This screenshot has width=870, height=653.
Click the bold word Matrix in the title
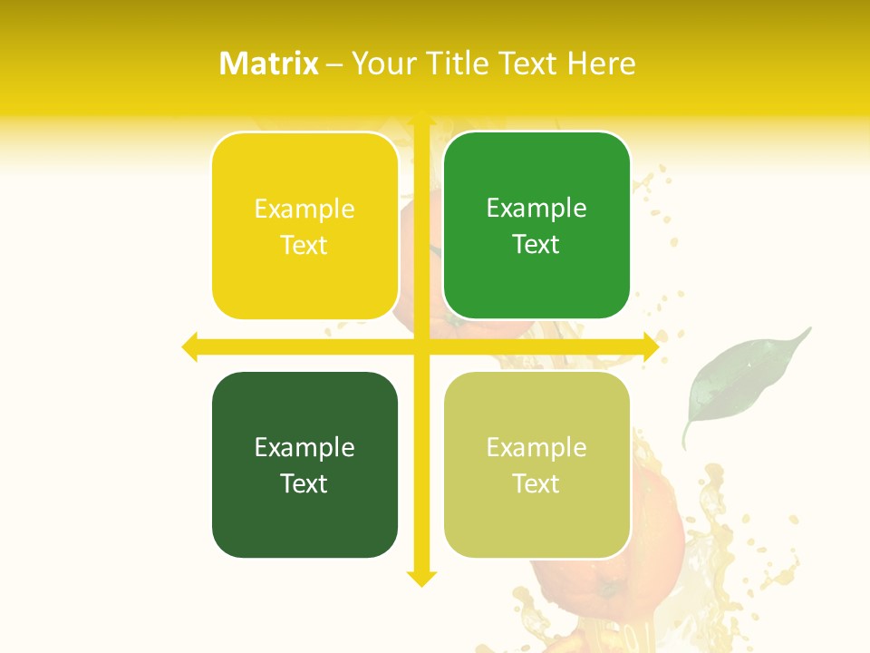click(269, 63)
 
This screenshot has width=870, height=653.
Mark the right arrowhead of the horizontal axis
click(650, 346)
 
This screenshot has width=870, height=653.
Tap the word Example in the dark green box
click(304, 447)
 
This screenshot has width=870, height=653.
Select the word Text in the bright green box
click(536, 244)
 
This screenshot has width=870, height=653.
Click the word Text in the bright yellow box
click(304, 245)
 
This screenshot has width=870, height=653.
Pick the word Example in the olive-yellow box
click(536, 447)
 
